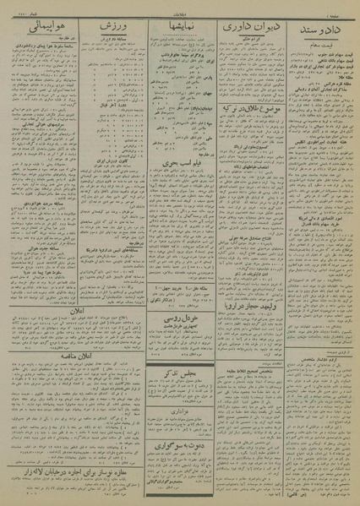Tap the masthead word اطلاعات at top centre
(x=178, y=12)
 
